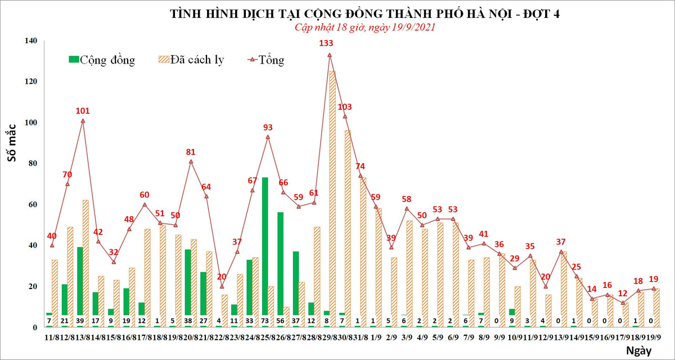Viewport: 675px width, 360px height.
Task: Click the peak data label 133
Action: (x=326, y=43)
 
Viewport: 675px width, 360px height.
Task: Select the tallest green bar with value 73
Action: (x=265, y=250)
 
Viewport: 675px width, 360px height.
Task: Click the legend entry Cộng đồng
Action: (x=101, y=60)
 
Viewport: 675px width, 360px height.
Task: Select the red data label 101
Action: (x=83, y=111)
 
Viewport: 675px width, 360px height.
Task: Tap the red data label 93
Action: (x=268, y=128)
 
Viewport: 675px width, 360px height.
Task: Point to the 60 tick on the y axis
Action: (x=32, y=205)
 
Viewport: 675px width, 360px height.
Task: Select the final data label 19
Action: (x=654, y=279)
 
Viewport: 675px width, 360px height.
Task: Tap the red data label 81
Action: (x=191, y=152)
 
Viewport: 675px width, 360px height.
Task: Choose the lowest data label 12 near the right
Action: (x=622, y=293)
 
